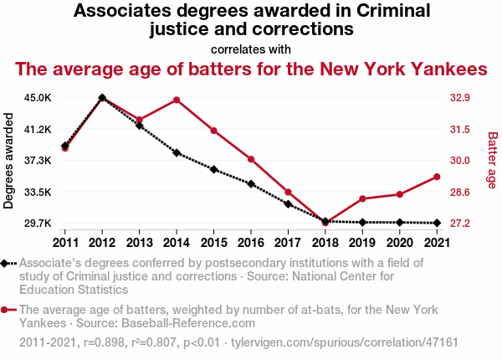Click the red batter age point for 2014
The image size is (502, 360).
177,100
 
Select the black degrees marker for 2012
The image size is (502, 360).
102,98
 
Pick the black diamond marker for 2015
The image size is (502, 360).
214,170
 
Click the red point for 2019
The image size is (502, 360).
362,198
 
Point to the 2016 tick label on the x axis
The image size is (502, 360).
251,243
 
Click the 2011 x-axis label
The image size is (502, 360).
65,243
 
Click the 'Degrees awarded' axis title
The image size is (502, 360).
9,161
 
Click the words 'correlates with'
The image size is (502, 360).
251,49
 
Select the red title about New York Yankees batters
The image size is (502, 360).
251,69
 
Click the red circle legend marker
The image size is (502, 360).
7,310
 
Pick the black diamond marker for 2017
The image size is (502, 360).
288,204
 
